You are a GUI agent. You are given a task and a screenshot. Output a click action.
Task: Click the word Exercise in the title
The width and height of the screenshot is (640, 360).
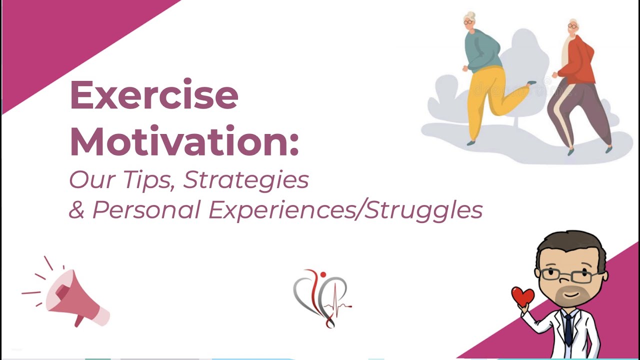[153, 95]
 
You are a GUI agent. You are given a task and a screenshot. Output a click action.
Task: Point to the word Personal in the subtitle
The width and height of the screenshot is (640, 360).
[146, 210]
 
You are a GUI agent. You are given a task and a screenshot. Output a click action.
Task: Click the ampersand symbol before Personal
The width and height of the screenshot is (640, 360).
[76, 210]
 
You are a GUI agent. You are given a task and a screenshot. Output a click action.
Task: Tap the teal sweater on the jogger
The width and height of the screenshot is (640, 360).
[481, 50]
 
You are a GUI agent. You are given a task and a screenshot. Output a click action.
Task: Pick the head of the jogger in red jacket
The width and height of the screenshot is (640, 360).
[573, 26]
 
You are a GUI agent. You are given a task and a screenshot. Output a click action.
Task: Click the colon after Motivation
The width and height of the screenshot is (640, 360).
[293, 142]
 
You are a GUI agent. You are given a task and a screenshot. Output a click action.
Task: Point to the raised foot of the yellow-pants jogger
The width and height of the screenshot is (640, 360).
[531, 83]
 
